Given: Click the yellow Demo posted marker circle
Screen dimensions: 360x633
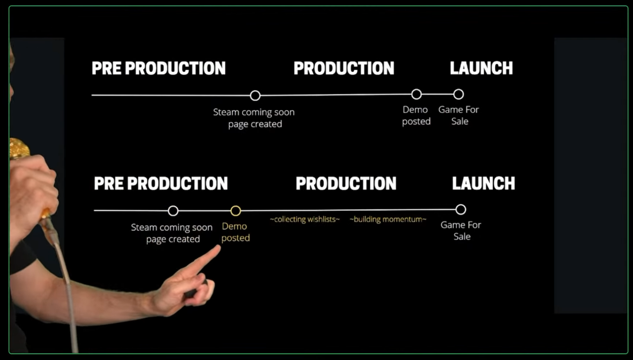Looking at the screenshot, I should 235,211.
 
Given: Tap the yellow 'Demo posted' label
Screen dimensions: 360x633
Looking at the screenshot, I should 235,232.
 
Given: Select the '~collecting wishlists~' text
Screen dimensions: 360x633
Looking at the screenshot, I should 305,219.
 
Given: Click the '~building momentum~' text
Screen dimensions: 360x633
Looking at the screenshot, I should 388,219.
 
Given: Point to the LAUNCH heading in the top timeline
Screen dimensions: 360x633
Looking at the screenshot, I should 481,68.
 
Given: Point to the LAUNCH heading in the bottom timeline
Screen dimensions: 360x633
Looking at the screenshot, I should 483,184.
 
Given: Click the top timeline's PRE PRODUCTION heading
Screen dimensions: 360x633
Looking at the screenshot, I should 159,68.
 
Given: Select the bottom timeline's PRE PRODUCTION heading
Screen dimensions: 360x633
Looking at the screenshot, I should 161,184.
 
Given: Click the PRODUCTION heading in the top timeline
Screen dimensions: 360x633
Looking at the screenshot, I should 344,68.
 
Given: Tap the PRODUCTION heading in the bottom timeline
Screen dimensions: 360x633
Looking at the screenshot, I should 346,184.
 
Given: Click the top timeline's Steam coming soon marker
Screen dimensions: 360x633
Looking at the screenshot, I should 255,95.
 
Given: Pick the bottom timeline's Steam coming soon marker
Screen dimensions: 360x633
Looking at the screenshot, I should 173,211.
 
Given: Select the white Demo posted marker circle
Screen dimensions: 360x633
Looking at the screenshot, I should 416,94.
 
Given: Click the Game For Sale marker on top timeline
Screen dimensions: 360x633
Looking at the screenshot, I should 458,94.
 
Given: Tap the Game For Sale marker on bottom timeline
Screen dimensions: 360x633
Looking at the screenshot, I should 461,209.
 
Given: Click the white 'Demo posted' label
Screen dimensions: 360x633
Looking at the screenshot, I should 416,115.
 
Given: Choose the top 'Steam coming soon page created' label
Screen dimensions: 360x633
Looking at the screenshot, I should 254,118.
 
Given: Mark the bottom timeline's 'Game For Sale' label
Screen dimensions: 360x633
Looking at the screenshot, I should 461,231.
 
